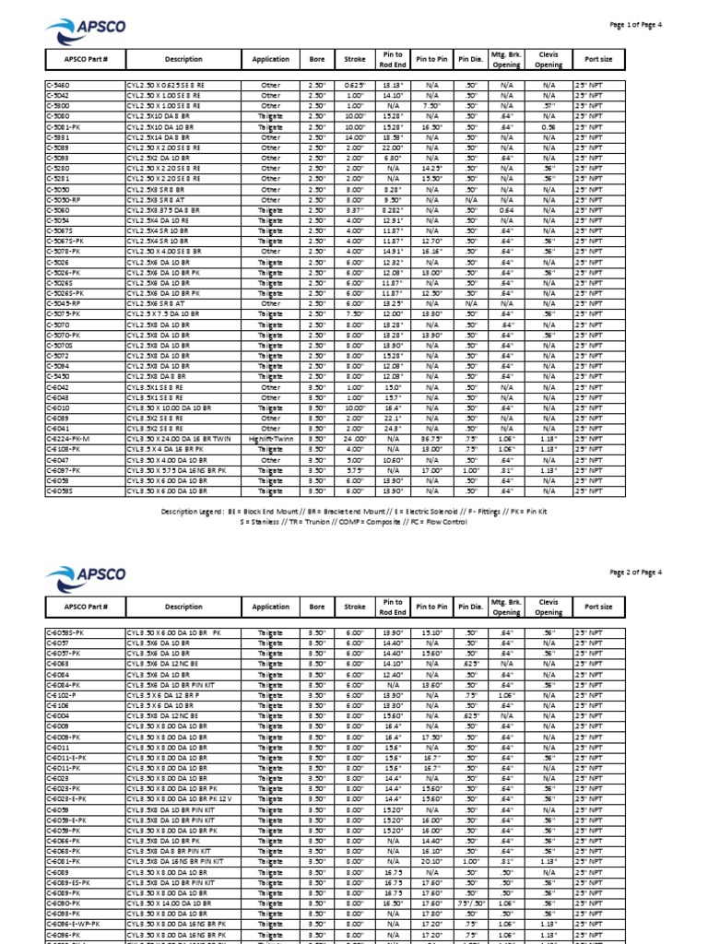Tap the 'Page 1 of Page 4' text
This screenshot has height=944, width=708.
(636, 25)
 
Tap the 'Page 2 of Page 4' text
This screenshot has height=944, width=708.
(636, 572)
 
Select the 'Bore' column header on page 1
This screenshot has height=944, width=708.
(317, 60)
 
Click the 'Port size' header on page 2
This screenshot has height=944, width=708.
(598, 608)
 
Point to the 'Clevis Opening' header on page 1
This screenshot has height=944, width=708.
(549, 60)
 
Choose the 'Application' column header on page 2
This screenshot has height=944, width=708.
(270, 608)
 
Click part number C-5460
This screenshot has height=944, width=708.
(59, 86)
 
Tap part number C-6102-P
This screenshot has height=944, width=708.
(63, 697)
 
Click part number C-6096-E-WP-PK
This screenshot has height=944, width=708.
(74, 924)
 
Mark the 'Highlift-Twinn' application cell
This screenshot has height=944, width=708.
(270, 440)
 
